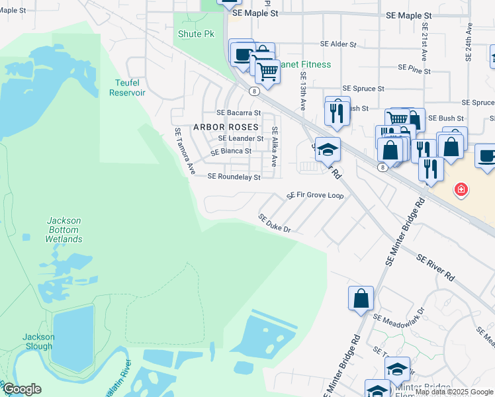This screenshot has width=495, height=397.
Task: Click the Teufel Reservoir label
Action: [x=127, y=87]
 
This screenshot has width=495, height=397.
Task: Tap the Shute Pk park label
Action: [x=193, y=33]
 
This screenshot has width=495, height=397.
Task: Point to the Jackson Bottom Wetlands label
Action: [x=64, y=230]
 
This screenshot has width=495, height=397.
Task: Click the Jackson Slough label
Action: [x=37, y=341]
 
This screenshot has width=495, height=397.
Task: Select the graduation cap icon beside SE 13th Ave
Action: [x=327, y=150]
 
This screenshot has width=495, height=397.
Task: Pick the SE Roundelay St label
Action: [x=234, y=177]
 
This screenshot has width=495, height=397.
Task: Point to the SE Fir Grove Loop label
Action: [x=315, y=196]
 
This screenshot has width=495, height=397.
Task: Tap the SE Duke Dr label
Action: [x=275, y=223]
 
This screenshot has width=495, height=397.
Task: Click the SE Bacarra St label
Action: [x=239, y=112]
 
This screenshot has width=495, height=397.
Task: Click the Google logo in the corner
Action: [x=22, y=389]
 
